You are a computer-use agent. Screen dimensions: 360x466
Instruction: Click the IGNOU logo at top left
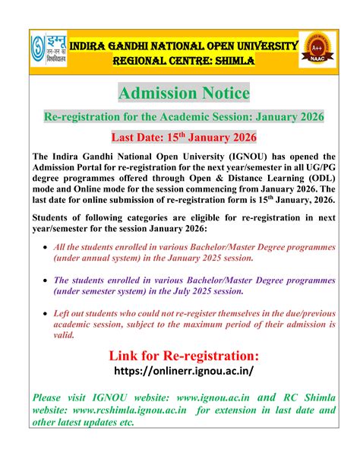(48, 49)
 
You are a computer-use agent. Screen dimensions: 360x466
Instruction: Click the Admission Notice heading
(184, 93)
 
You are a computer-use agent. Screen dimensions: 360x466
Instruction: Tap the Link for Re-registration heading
(184, 356)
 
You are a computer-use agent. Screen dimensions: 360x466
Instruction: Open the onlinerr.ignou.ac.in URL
(183, 372)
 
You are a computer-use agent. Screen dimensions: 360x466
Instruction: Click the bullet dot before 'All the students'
(48, 249)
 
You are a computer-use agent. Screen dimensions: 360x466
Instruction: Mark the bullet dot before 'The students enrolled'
(48, 281)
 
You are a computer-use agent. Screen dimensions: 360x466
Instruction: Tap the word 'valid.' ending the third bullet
(66, 334)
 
